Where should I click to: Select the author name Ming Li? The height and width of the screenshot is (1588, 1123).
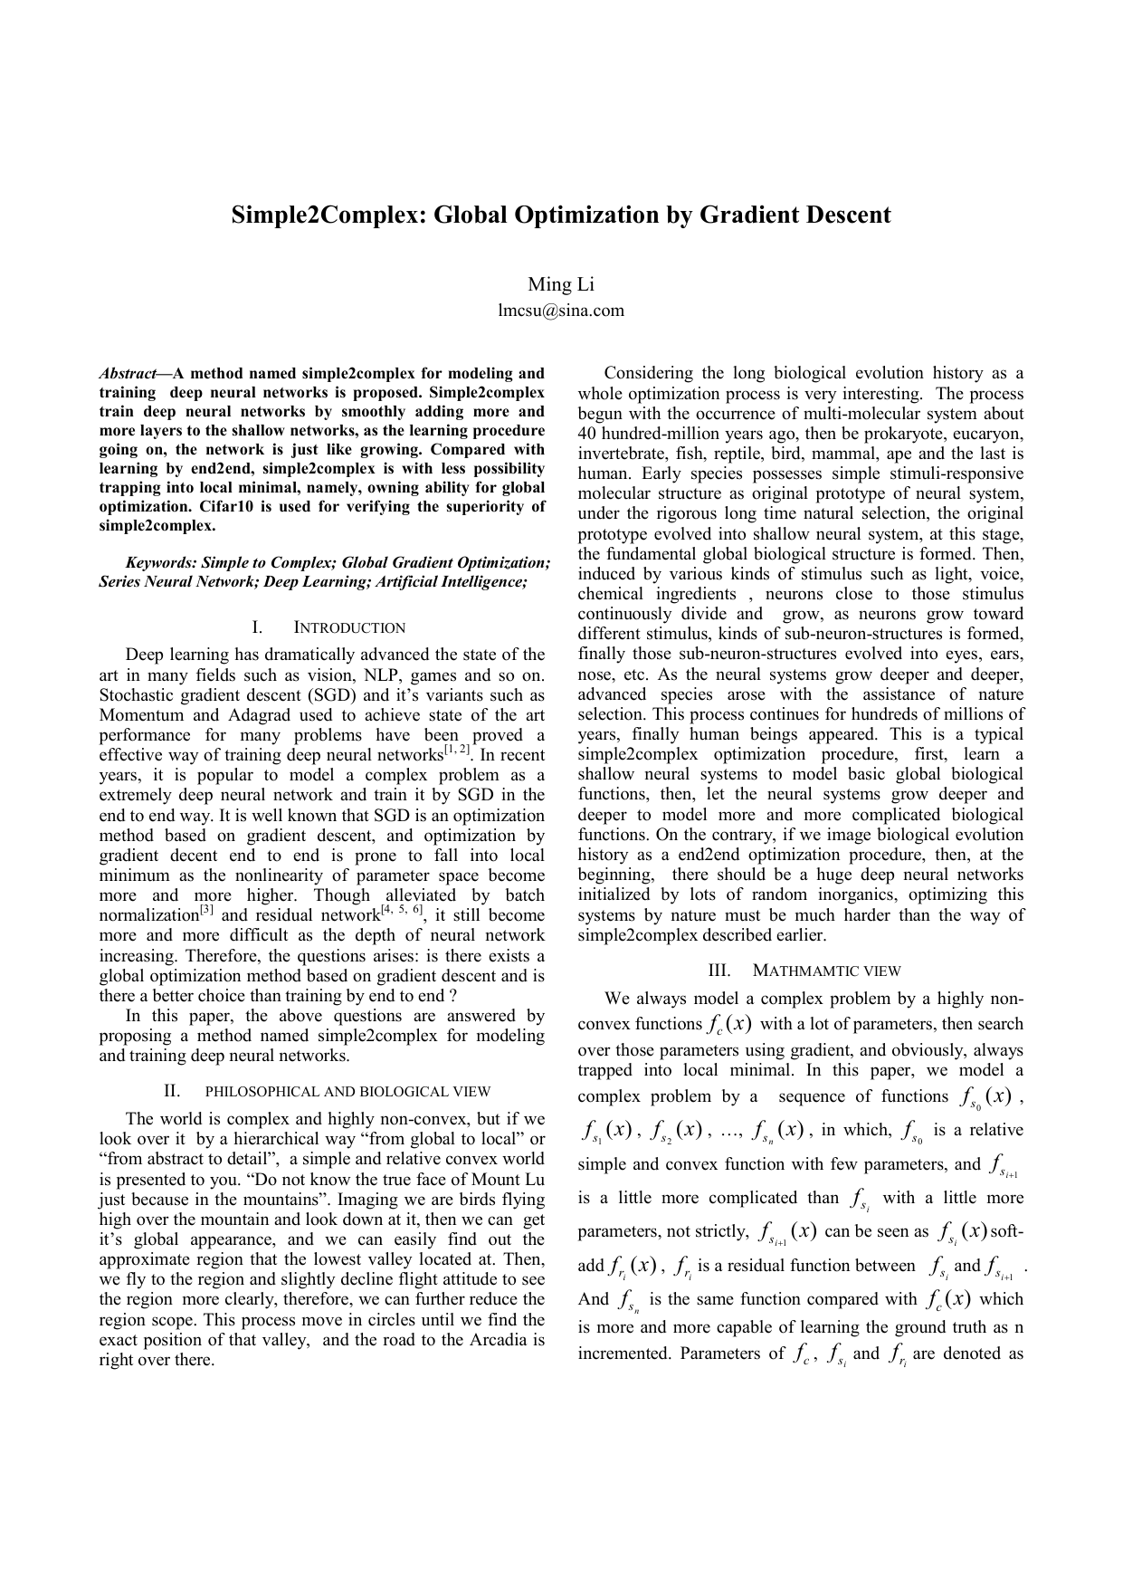click(x=561, y=284)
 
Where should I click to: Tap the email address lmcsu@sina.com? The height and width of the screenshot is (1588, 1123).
click(x=561, y=311)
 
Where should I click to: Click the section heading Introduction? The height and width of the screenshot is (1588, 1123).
click(x=349, y=628)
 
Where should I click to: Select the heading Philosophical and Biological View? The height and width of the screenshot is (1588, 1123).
click(x=348, y=1092)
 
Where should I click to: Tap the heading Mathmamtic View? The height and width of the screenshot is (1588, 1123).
click(x=826, y=971)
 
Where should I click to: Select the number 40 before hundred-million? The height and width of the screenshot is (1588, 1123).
click(x=588, y=434)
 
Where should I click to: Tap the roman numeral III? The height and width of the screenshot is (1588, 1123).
click(x=719, y=971)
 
